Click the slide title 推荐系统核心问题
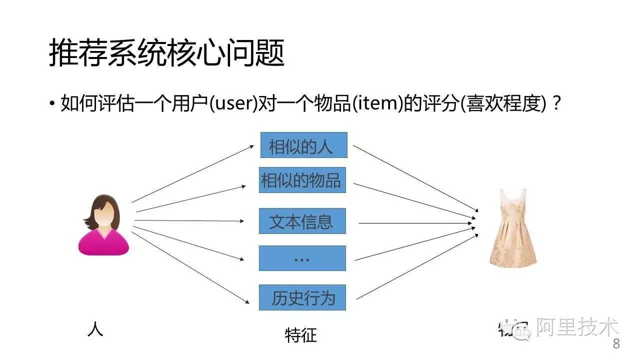click(166, 54)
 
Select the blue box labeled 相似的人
click(303, 145)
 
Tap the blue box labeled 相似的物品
click(302, 180)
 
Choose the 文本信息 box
click(302, 221)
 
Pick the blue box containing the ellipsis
click(302, 258)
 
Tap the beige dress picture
click(512, 227)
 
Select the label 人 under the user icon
click(95, 329)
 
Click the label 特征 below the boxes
click(300, 334)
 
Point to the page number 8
click(616, 344)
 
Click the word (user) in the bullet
click(233, 104)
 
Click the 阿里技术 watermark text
click(577, 328)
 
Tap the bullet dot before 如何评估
click(52, 104)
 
